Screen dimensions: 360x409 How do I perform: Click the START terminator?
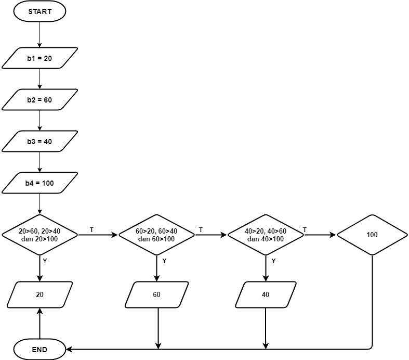(x=39, y=11)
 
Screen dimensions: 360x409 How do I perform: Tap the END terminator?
(x=39, y=350)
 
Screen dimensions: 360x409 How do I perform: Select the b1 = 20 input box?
(x=39, y=58)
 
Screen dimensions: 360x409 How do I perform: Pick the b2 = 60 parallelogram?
(x=39, y=100)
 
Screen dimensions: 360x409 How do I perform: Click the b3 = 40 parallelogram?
(x=39, y=142)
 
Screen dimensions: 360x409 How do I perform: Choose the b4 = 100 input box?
(x=39, y=183)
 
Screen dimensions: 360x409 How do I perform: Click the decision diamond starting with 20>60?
(x=39, y=235)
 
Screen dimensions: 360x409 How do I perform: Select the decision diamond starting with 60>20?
(x=156, y=235)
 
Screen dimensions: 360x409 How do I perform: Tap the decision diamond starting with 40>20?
(x=266, y=235)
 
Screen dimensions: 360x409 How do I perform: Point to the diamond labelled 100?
(x=372, y=235)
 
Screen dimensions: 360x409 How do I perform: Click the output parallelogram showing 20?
(x=39, y=294)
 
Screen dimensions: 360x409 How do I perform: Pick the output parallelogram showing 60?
(x=156, y=294)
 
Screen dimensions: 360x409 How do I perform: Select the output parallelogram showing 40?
(x=266, y=294)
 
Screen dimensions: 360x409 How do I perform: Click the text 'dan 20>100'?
(x=39, y=239)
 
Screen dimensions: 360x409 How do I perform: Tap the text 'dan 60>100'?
(x=156, y=239)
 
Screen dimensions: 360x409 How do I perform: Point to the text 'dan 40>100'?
(x=266, y=239)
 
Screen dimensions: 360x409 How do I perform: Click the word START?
(x=39, y=11)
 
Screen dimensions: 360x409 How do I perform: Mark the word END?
(x=39, y=350)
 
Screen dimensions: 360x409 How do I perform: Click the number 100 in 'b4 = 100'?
(x=47, y=183)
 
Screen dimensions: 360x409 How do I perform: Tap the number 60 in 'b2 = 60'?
(x=47, y=100)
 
